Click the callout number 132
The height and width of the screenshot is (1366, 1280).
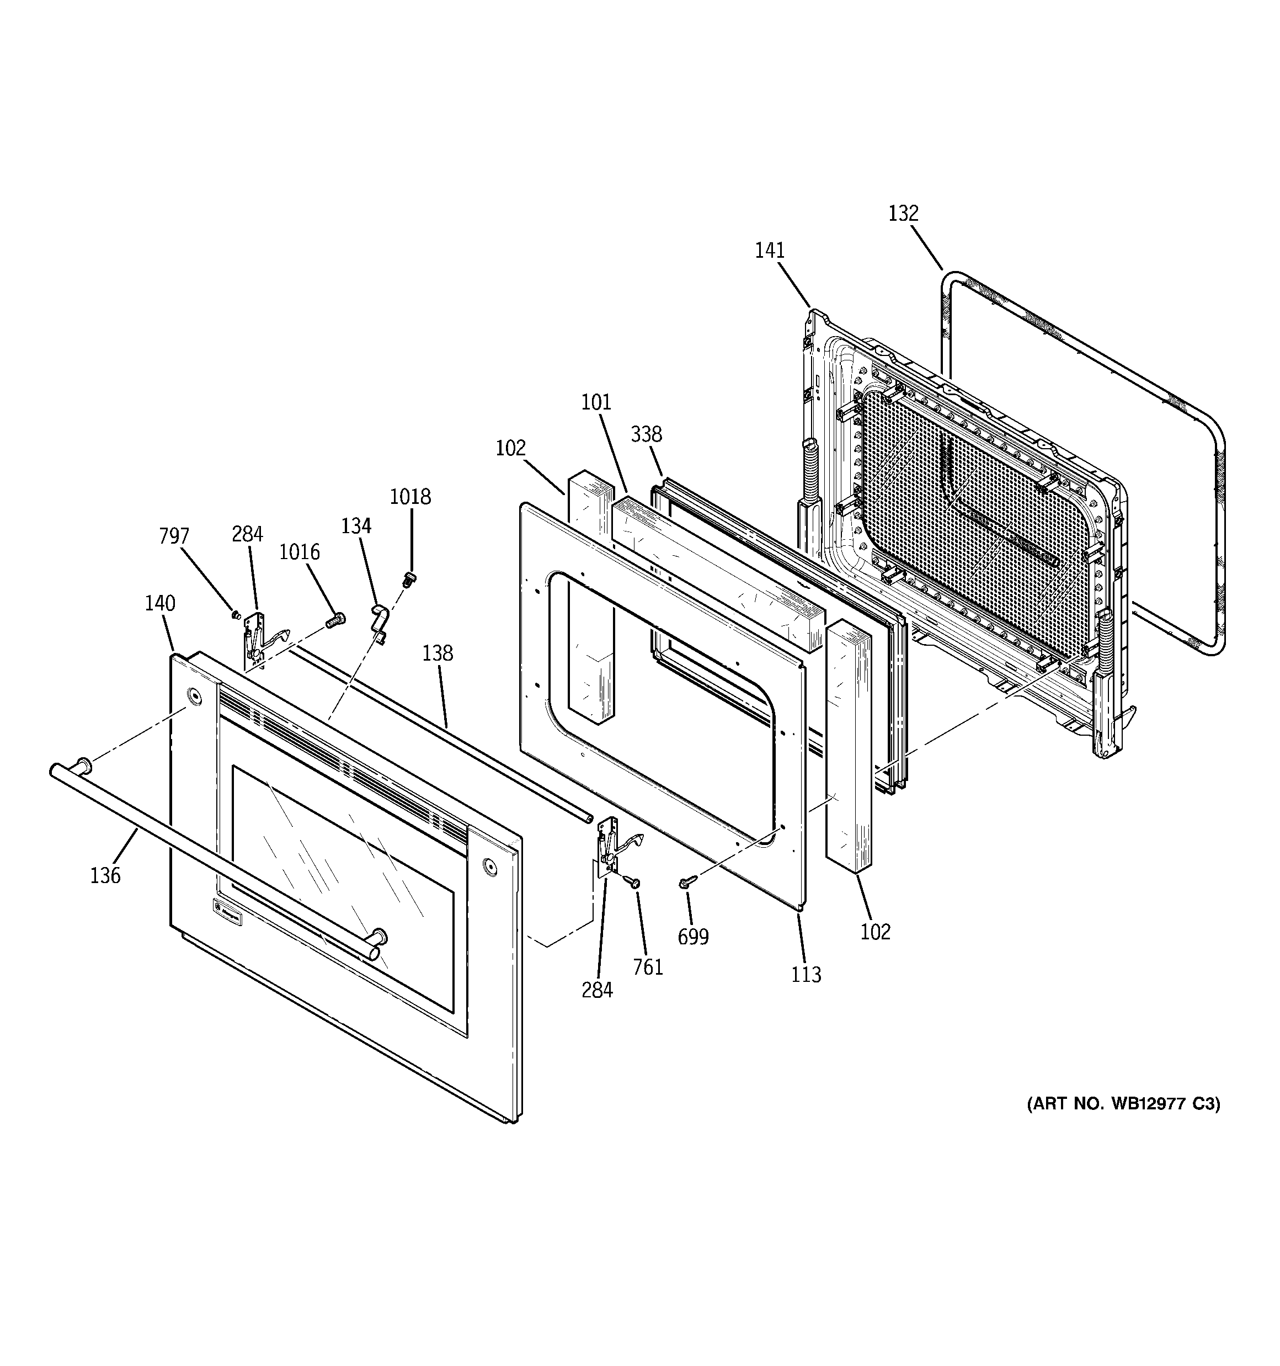tap(903, 214)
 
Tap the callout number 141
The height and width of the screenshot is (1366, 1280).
tap(770, 251)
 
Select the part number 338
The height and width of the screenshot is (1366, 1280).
tap(647, 434)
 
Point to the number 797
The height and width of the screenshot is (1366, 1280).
tap(174, 536)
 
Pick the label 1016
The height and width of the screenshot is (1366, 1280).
tap(299, 552)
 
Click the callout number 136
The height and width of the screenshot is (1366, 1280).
tap(105, 875)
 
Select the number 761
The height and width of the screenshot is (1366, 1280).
tap(648, 968)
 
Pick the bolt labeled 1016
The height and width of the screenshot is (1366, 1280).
tap(335, 620)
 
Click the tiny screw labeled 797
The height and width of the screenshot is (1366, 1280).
tap(236, 614)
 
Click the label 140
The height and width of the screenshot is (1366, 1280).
tap(159, 603)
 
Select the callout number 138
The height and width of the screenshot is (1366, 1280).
tap(438, 653)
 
